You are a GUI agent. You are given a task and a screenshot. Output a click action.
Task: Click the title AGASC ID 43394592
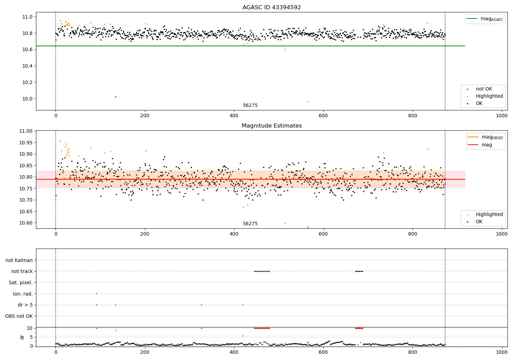click(x=271, y=8)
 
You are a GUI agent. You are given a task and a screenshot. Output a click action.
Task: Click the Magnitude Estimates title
click(x=271, y=126)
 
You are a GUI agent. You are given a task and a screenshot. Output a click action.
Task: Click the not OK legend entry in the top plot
click(x=484, y=89)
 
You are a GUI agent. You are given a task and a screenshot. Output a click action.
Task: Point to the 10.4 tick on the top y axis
click(x=27, y=66)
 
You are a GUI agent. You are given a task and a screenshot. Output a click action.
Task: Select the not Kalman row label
click(x=19, y=260)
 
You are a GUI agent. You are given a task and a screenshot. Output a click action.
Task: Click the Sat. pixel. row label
click(x=21, y=283)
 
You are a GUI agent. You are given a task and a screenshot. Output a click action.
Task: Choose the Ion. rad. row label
click(x=23, y=294)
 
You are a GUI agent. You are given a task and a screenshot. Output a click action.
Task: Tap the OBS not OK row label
click(x=19, y=316)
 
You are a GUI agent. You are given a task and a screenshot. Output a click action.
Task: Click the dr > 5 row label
click(x=25, y=305)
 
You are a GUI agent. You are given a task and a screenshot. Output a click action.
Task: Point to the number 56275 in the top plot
click(x=250, y=106)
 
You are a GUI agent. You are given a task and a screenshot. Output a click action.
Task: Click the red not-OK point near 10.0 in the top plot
click(x=115, y=97)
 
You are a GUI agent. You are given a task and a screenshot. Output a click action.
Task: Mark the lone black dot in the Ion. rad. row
click(x=97, y=293)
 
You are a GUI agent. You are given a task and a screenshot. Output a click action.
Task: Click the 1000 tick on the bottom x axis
click(x=502, y=352)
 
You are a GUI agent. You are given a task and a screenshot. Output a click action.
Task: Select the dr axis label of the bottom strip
click(x=22, y=337)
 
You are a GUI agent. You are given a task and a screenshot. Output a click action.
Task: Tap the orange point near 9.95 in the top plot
click(x=308, y=102)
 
